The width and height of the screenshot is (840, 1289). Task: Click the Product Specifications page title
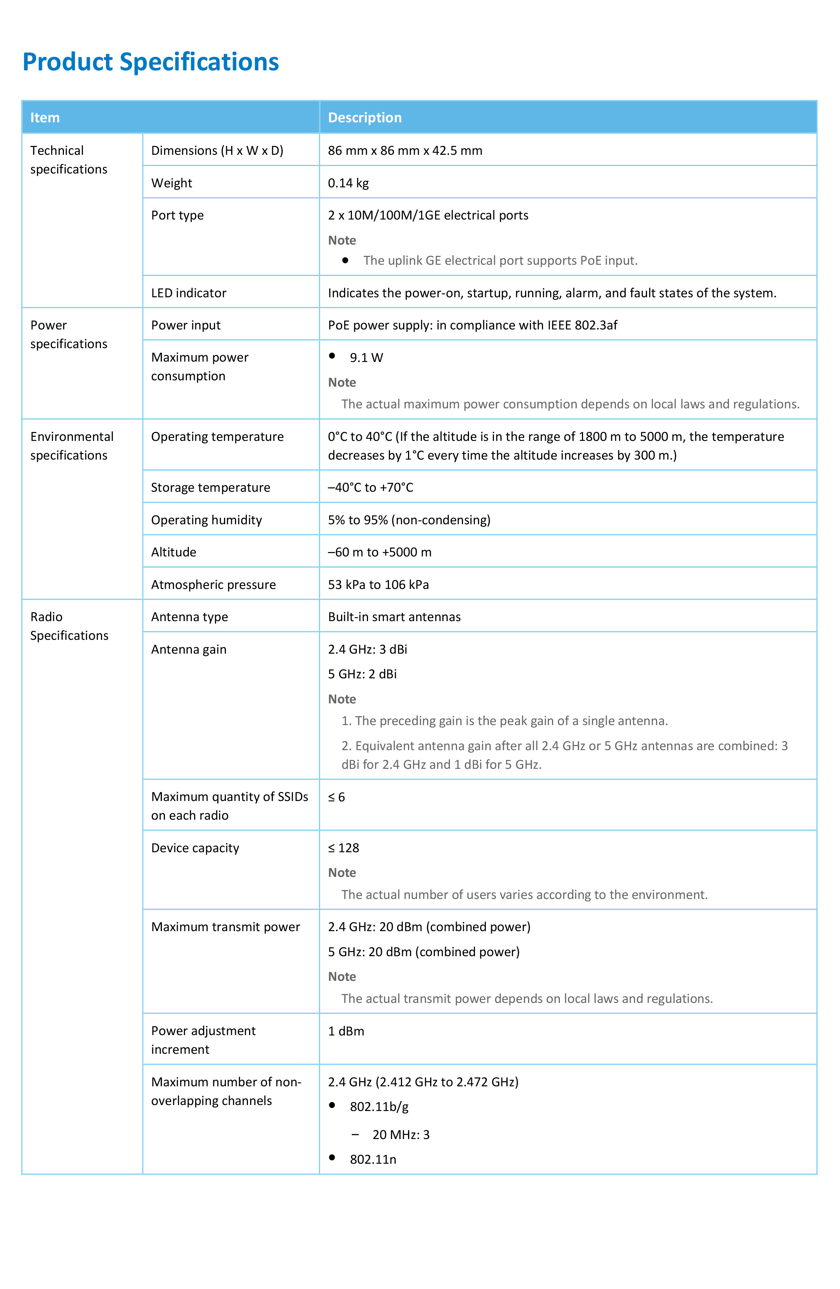click(x=151, y=62)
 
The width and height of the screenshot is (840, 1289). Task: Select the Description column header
click(x=365, y=117)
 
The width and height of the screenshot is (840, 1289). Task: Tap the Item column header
click(x=45, y=117)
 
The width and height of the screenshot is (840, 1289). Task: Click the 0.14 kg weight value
click(x=348, y=183)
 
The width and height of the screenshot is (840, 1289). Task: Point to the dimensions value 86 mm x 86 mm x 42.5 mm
click(x=405, y=151)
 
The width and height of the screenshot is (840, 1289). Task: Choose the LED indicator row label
click(x=188, y=293)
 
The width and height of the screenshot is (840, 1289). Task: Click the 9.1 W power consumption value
click(x=366, y=357)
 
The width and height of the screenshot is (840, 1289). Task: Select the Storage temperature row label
click(x=210, y=487)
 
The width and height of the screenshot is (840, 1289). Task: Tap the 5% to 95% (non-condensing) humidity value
click(x=409, y=520)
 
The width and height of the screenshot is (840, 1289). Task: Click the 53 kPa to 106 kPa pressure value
click(x=378, y=584)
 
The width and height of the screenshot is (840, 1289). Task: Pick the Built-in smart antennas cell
click(x=394, y=617)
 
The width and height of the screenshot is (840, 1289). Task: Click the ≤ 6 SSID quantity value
click(x=336, y=797)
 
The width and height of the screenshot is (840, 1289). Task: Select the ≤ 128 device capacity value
click(x=343, y=848)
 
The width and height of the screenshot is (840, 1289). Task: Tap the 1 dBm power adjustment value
click(x=346, y=1031)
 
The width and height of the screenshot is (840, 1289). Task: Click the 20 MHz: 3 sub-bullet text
click(x=401, y=1135)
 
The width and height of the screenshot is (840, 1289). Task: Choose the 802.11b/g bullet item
click(x=379, y=1107)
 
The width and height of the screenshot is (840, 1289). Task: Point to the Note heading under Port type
click(x=342, y=240)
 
